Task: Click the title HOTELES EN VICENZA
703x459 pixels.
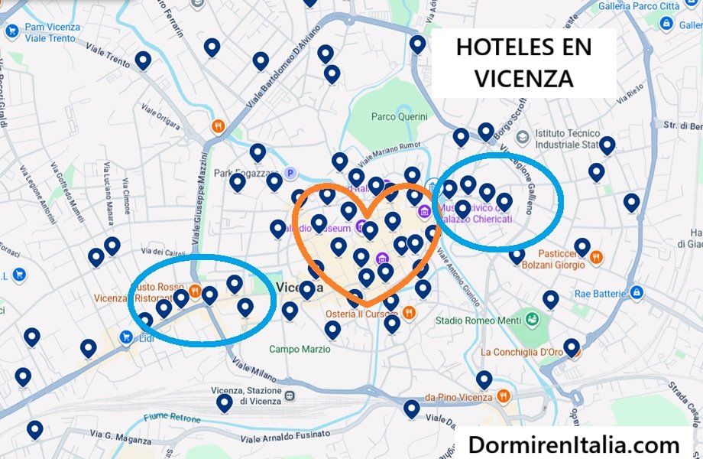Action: coord(523,63)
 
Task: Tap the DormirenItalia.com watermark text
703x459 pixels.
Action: coord(574,444)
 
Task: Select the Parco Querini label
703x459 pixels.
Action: coord(399,117)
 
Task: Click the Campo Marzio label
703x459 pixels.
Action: coord(300,349)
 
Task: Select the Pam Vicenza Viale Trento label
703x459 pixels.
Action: coord(52,32)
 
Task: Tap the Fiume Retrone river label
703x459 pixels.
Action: coord(172,418)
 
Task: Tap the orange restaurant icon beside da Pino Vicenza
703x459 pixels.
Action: coord(503,397)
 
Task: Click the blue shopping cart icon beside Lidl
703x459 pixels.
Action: coord(125,336)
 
